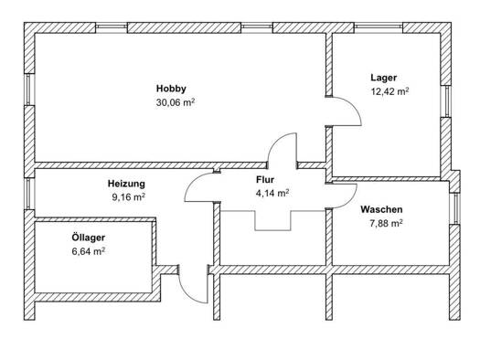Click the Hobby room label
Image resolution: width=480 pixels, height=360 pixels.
pyautogui.click(x=171, y=89)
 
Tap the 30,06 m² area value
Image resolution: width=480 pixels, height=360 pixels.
pyautogui.click(x=176, y=102)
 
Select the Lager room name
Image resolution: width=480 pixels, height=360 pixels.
pyautogui.click(x=384, y=78)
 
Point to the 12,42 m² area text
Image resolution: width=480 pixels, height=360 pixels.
pyautogui.click(x=389, y=91)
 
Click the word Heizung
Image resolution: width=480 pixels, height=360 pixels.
pyautogui.click(x=126, y=184)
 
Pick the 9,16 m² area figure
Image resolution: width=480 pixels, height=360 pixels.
pyautogui.click(x=128, y=197)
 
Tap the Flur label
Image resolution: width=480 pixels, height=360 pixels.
pyautogui.click(x=265, y=179)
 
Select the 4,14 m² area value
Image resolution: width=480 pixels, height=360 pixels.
pyautogui.click(x=272, y=194)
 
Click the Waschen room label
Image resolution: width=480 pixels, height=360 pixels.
pyautogui.click(x=381, y=209)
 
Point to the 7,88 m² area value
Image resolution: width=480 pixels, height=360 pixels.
pyautogui.click(x=386, y=224)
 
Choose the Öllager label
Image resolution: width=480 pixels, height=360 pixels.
pyautogui.click(x=88, y=238)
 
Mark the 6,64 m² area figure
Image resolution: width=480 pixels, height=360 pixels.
pyautogui.click(x=88, y=251)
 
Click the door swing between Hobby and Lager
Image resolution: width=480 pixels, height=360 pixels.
pyautogui.click(x=352, y=104)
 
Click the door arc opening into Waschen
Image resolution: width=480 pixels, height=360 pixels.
pyautogui.click(x=351, y=200)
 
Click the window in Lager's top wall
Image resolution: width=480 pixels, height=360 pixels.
pyautogui.click(x=379, y=27)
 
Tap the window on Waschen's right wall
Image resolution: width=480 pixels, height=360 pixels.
pyautogui.click(x=456, y=208)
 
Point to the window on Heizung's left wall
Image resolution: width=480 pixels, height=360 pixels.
pyautogui.click(x=28, y=194)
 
